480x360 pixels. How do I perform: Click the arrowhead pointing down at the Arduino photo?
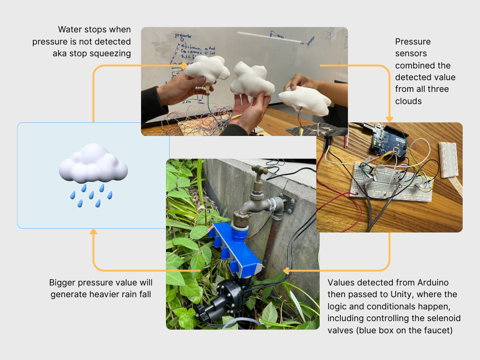[x=389, y=119]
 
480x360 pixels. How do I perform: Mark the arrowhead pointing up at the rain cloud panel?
[x=93, y=232]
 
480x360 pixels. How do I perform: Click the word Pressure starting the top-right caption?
[x=413, y=42]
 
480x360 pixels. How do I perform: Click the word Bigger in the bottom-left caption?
[x=63, y=283]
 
